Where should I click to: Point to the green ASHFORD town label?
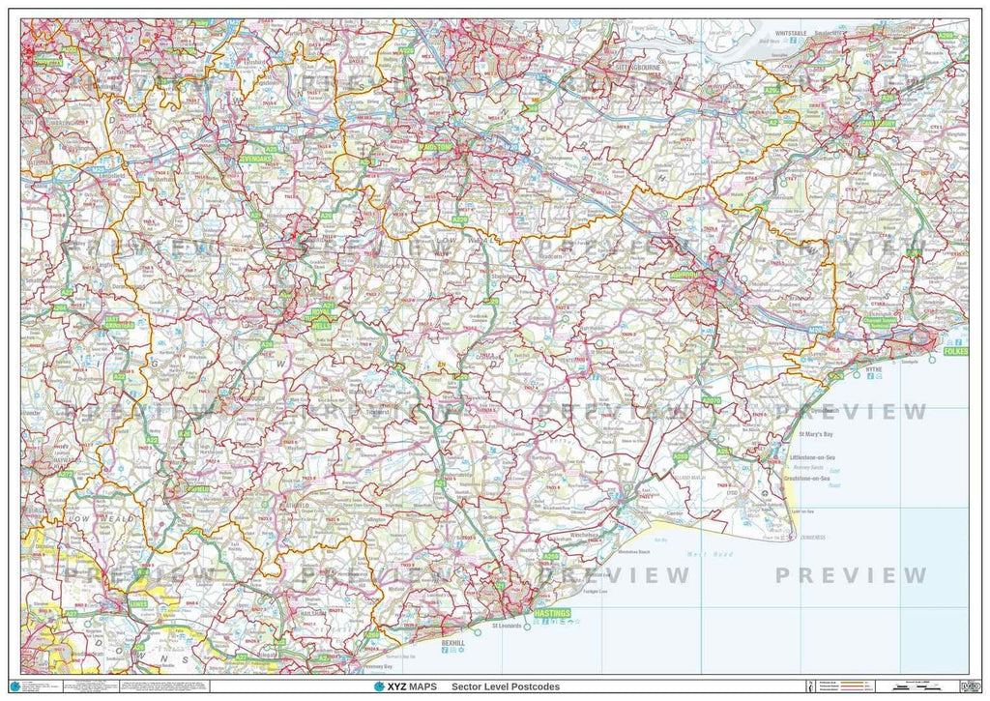[x=686, y=275]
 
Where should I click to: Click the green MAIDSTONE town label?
[x=435, y=146]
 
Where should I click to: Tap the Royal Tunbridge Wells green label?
[x=321, y=321]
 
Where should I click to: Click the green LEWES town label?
[x=138, y=604]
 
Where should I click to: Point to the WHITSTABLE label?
[x=791, y=33]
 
